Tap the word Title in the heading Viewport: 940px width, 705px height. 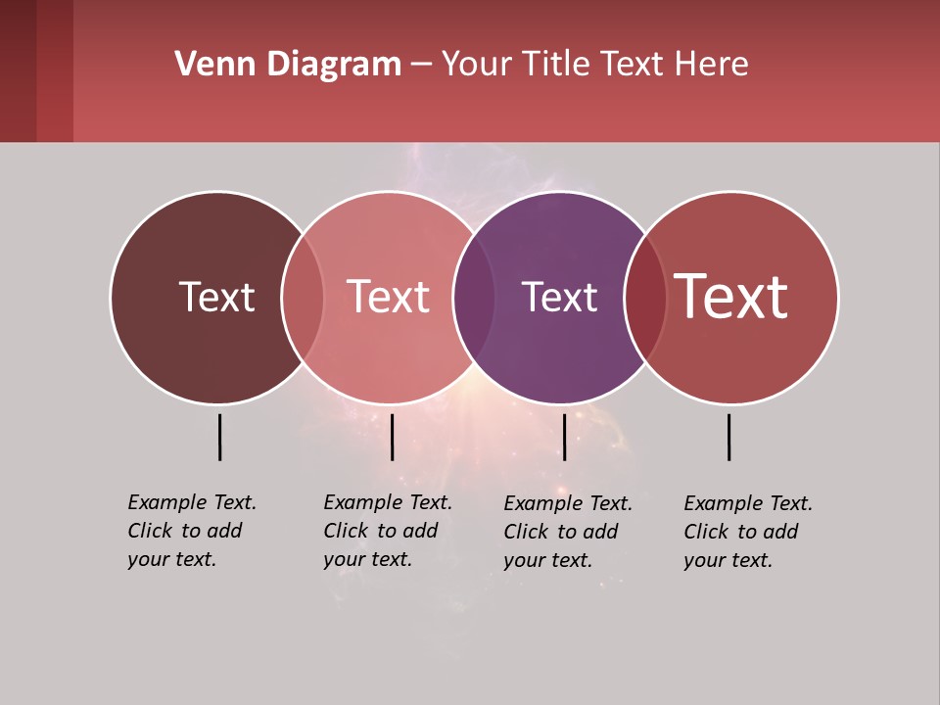[x=557, y=65]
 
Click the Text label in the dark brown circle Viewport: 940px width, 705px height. [x=216, y=297]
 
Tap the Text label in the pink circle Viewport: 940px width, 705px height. [x=388, y=297]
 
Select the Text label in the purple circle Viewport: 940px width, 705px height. [x=559, y=297]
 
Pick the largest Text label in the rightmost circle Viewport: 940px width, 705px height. [x=730, y=296]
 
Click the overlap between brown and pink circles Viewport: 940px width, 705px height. [x=303, y=297]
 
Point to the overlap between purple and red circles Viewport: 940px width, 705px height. [x=644, y=297]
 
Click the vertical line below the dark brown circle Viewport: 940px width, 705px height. [x=219, y=437]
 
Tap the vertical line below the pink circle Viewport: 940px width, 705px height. [x=392, y=437]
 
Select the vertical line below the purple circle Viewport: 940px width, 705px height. [x=564, y=437]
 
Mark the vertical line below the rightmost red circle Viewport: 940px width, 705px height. [x=728, y=437]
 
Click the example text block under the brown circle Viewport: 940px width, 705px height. [x=191, y=531]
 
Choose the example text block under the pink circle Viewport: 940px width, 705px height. [x=387, y=531]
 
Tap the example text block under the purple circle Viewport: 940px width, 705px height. [x=567, y=532]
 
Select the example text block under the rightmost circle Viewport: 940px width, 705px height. [x=747, y=532]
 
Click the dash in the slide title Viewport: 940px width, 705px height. [x=421, y=65]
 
